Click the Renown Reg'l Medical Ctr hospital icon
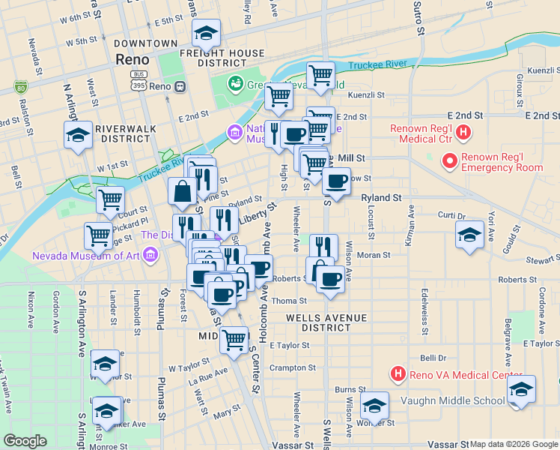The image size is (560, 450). click(x=463, y=134)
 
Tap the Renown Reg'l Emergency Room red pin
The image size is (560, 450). click(x=450, y=160)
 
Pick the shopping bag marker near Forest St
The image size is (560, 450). click(x=182, y=193)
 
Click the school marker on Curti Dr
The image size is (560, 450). click(x=469, y=235)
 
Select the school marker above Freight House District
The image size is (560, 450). click(x=206, y=33)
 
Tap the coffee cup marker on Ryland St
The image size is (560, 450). click(x=336, y=181)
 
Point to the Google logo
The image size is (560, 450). click(x=25, y=441)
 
